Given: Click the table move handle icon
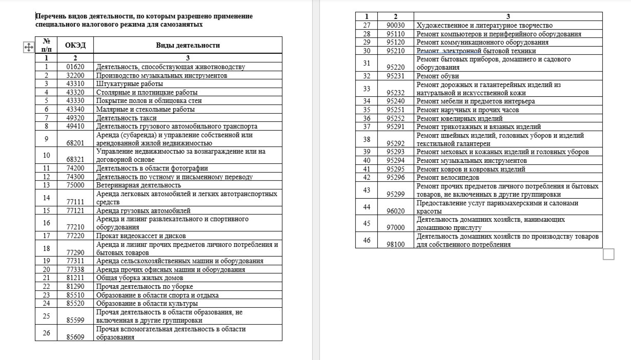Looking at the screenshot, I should [x=29, y=47].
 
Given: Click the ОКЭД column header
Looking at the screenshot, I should [x=75, y=45].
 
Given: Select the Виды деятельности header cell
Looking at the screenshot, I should [x=188, y=45].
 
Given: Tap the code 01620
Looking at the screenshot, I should [x=75, y=67].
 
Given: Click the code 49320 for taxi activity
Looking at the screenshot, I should [x=75, y=118].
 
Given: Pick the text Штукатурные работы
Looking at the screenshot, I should [x=129, y=84].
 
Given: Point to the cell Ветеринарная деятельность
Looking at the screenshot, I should [x=138, y=185].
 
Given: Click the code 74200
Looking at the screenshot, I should [x=75, y=168].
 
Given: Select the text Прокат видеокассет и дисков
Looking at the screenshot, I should [x=141, y=236].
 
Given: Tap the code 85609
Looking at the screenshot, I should [x=75, y=337].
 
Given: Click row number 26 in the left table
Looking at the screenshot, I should [x=46, y=333].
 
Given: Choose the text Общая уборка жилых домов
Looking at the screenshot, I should [x=139, y=278].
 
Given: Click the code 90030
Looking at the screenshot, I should [x=395, y=25].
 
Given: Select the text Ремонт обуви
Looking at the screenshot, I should [x=437, y=76].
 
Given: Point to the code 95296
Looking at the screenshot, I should [x=395, y=177].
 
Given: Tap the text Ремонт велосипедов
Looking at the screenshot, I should [x=448, y=178].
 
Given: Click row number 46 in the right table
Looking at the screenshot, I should [x=366, y=240].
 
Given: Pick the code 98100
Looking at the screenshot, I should [x=395, y=244].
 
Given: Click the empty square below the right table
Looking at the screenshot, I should [x=608, y=254].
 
